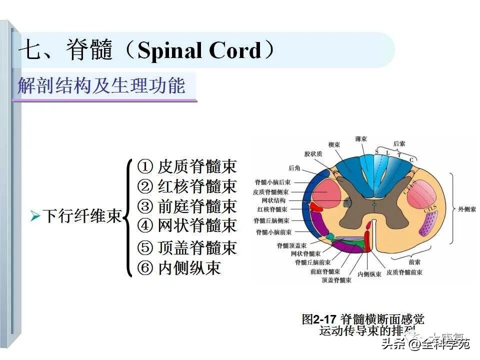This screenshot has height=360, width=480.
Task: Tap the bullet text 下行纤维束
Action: coord(82,216)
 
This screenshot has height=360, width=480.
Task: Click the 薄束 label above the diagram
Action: coord(362,138)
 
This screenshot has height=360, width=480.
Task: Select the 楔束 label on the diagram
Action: coord(334,144)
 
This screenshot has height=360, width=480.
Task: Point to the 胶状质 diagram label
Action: coord(313,154)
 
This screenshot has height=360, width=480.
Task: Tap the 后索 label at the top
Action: coord(398,143)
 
